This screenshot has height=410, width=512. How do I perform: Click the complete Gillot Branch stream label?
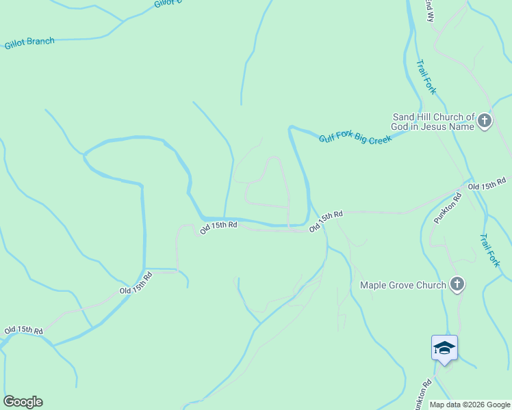(29, 43)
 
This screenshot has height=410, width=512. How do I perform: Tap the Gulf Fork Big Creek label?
(355, 138)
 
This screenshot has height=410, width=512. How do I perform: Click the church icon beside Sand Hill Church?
(485, 122)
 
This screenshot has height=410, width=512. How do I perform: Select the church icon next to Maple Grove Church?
(457, 284)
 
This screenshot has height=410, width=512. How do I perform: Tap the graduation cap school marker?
(444, 348)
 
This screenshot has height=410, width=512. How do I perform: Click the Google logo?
(23, 402)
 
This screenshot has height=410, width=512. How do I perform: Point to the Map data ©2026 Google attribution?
(470, 405)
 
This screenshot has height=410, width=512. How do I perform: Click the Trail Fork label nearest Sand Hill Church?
(426, 76)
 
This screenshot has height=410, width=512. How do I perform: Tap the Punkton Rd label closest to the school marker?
(424, 393)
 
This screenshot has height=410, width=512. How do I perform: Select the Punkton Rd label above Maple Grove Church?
(448, 208)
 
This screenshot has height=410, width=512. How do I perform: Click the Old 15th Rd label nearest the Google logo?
(23, 329)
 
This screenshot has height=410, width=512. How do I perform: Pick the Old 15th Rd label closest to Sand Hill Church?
(487, 184)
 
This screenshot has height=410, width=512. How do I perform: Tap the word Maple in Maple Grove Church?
(373, 285)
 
